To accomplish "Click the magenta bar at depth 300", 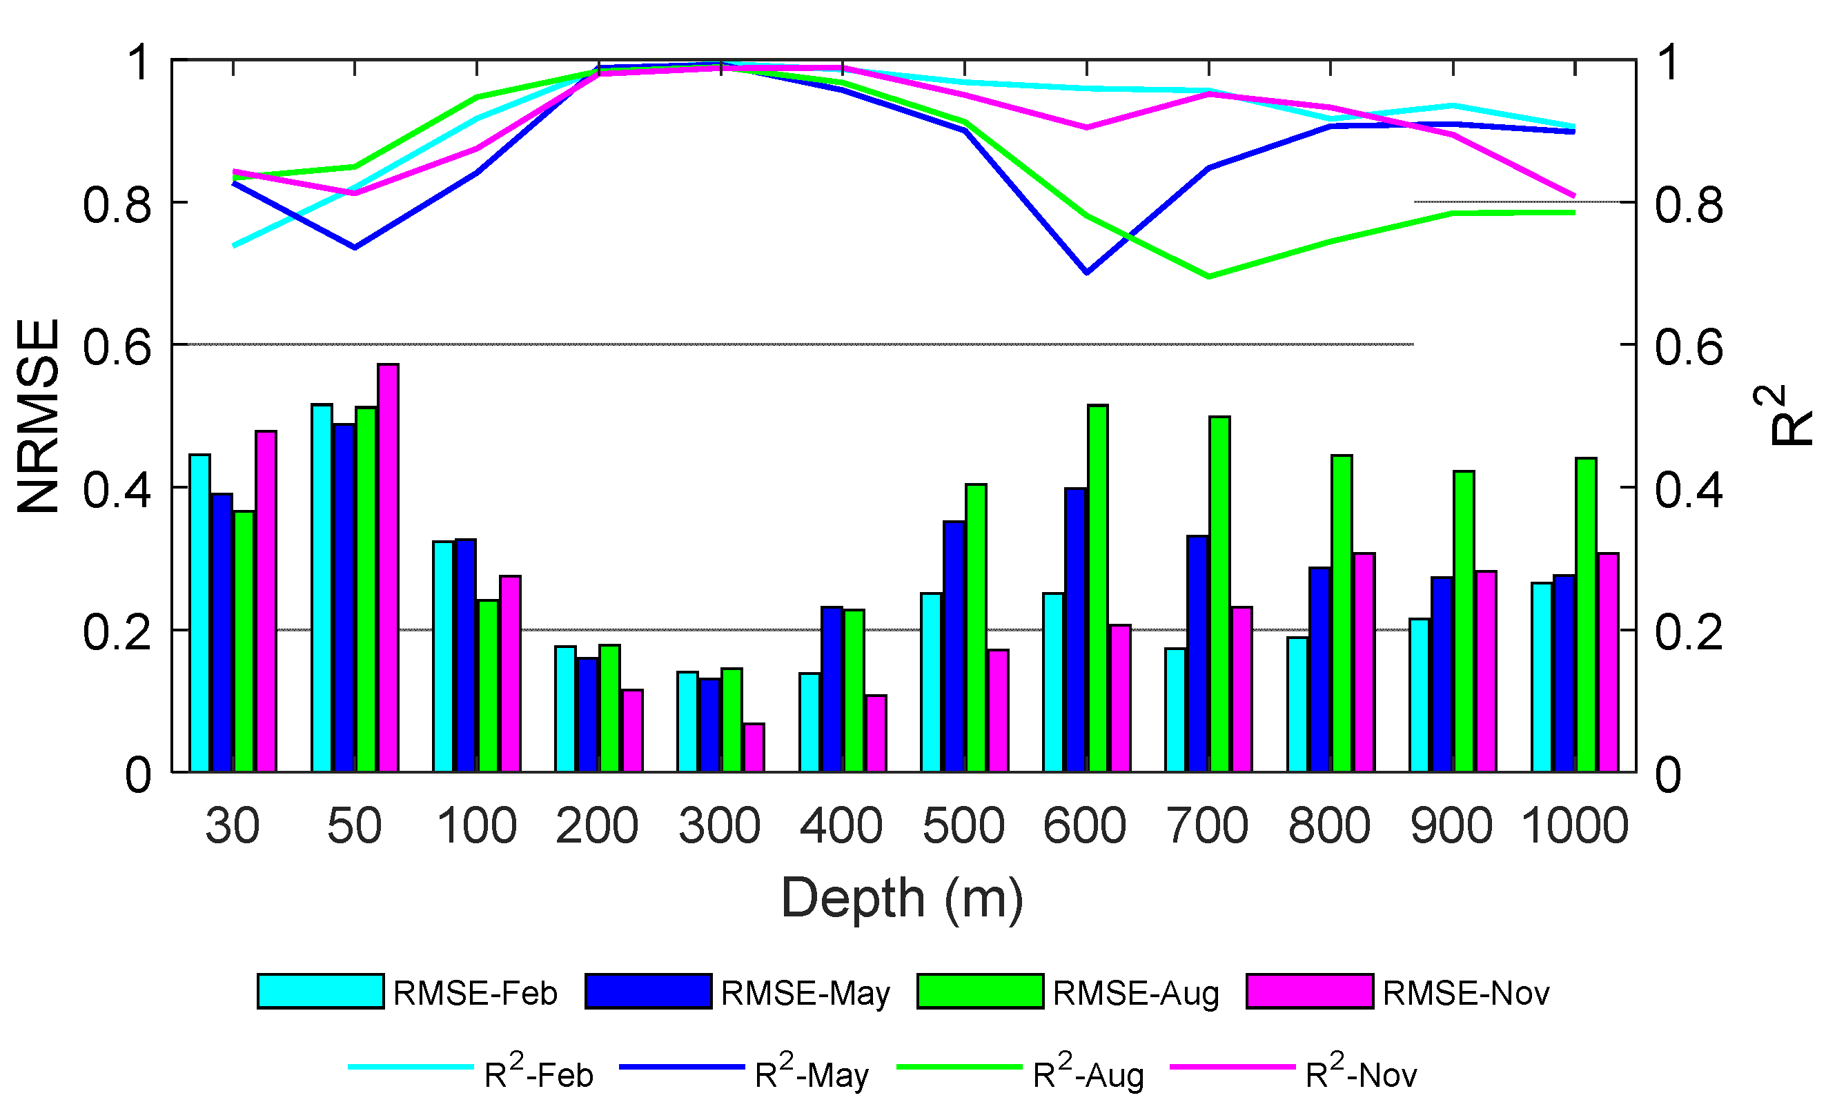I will click(x=754, y=748).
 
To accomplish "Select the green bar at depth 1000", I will click(x=1586, y=615).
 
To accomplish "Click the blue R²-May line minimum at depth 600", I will click(x=1086, y=272).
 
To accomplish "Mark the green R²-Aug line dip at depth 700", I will click(x=1208, y=277).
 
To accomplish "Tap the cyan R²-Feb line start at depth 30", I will click(x=234, y=244).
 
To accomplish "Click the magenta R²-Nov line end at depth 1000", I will click(x=1573, y=197).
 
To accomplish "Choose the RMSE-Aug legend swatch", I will click(x=980, y=992).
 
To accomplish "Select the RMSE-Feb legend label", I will click(x=475, y=993).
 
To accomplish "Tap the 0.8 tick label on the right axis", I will click(x=1689, y=204).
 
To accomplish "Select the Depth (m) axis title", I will click(x=902, y=898).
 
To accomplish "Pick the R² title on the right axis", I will click(x=1786, y=415).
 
